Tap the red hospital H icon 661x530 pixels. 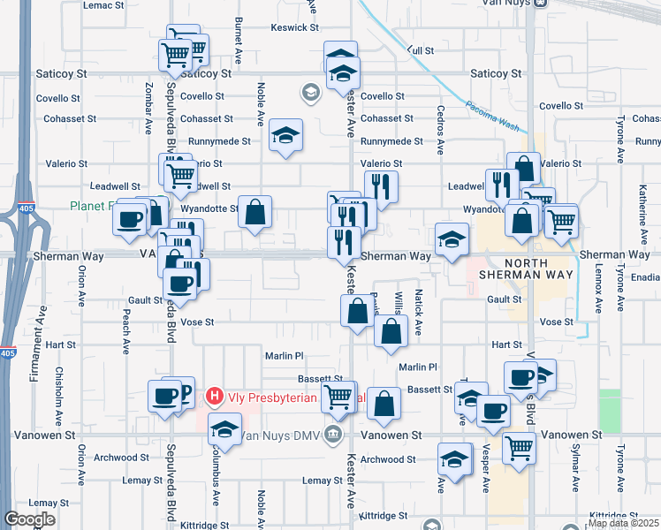click(x=213, y=397)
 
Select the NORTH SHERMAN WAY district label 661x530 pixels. click(x=527, y=269)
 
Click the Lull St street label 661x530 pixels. click(x=421, y=51)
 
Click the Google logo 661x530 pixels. click(x=29, y=519)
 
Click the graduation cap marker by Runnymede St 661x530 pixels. click(x=285, y=136)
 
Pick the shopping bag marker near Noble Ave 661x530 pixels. click(x=255, y=212)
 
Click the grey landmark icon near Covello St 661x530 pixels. click(x=310, y=91)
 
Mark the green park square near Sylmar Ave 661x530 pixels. click(x=610, y=411)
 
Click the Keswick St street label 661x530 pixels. click(x=294, y=27)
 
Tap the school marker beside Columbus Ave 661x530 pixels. click(x=224, y=430)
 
